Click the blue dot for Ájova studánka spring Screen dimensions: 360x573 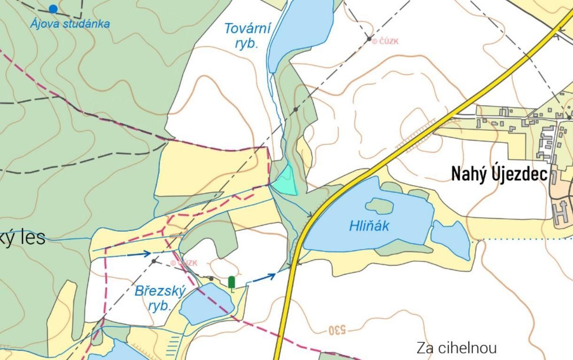[x=53, y=8]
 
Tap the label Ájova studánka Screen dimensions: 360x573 [x=70, y=23]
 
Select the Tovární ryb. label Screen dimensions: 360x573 [x=248, y=35]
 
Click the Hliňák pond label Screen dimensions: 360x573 [x=369, y=226]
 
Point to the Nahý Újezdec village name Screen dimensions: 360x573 [x=499, y=174]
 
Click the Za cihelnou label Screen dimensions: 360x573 [x=456, y=348]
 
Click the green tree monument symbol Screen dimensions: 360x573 [x=232, y=282]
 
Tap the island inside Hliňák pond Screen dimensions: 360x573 [x=379, y=206]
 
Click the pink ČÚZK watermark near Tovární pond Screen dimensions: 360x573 [x=385, y=41]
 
